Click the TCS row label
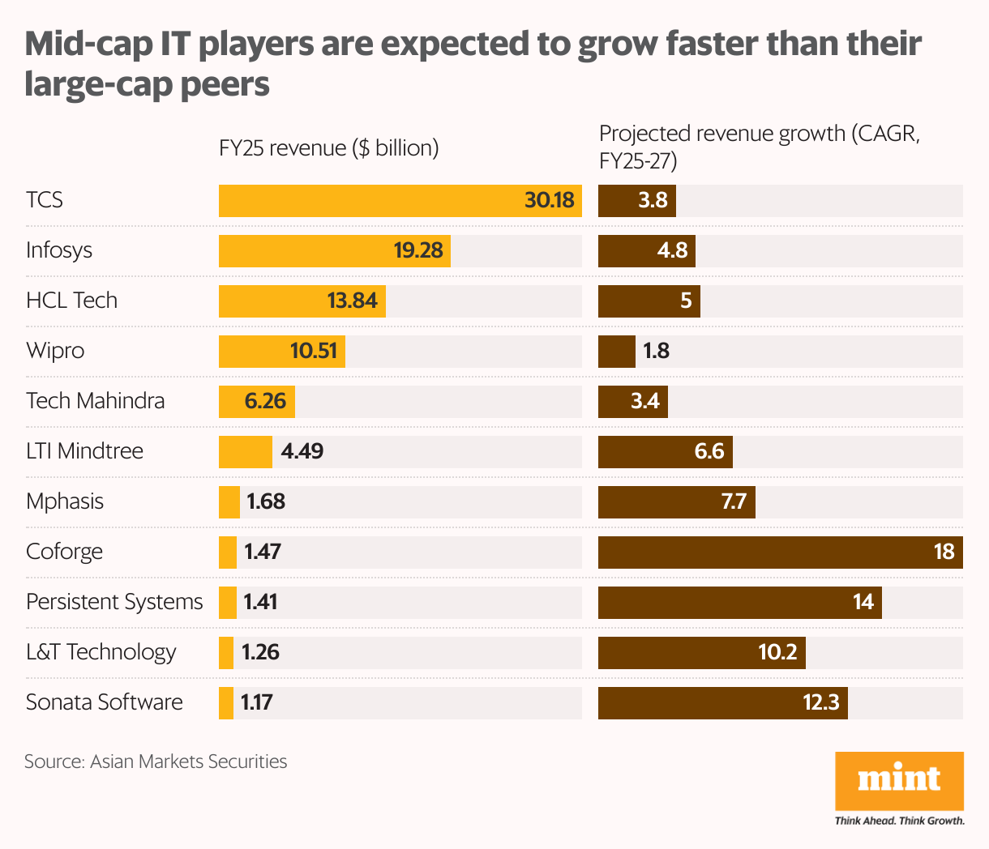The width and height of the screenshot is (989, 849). tap(45, 200)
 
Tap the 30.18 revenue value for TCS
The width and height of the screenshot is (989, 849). tap(549, 200)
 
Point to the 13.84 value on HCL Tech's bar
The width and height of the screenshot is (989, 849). tap(352, 301)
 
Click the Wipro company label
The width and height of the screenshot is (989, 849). tap(55, 351)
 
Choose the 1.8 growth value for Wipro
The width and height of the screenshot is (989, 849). tap(656, 351)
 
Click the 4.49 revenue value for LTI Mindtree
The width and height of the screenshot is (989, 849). tap(302, 451)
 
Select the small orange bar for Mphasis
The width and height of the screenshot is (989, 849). tap(229, 501)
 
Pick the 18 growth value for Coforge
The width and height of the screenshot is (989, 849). tap(944, 552)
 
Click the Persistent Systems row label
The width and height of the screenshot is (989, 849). tap(114, 602)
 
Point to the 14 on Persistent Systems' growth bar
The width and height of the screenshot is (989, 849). tap(863, 602)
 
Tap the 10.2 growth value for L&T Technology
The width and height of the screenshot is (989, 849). tap(777, 652)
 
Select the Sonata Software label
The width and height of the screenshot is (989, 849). tap(105, 702)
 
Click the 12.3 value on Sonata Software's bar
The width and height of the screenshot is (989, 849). tap(820, 702)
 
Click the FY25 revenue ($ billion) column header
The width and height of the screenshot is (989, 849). tap(328, 148)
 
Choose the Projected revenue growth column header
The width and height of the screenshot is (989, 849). tap(759, 147)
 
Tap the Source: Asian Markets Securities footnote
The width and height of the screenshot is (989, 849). tap(156, 762)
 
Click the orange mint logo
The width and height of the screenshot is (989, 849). tap(899, 780)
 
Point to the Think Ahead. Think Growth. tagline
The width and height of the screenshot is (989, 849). tap(899, 821)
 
